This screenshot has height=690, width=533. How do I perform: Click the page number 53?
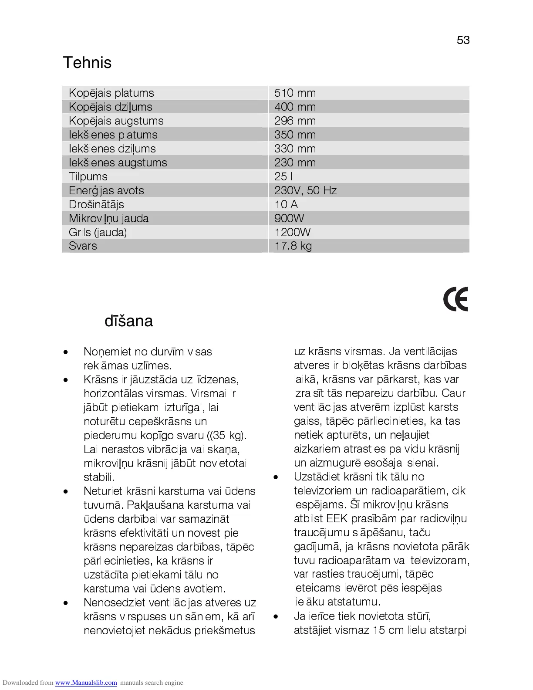463,40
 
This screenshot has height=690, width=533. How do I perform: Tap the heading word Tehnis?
87,63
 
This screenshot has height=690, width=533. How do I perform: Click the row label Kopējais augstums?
116,121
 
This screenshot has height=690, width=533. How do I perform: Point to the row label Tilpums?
88,176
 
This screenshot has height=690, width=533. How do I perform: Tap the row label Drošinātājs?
96,204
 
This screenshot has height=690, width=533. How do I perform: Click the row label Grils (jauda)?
98,232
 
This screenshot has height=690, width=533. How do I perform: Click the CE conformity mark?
455,299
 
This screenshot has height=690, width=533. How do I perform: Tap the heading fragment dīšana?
128,321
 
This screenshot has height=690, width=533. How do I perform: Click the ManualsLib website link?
86,683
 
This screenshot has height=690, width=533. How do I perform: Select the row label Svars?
83,246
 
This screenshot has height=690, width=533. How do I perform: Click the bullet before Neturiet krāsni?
65,491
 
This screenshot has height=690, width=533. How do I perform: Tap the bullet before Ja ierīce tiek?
275,616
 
